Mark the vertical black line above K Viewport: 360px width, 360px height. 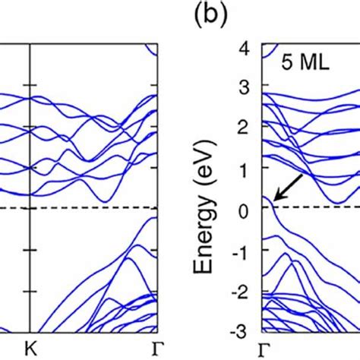[x=30, y=114]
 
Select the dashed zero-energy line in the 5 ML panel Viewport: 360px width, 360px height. [x=319, y=208]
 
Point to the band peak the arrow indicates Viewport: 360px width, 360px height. [x=267, y=197]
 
